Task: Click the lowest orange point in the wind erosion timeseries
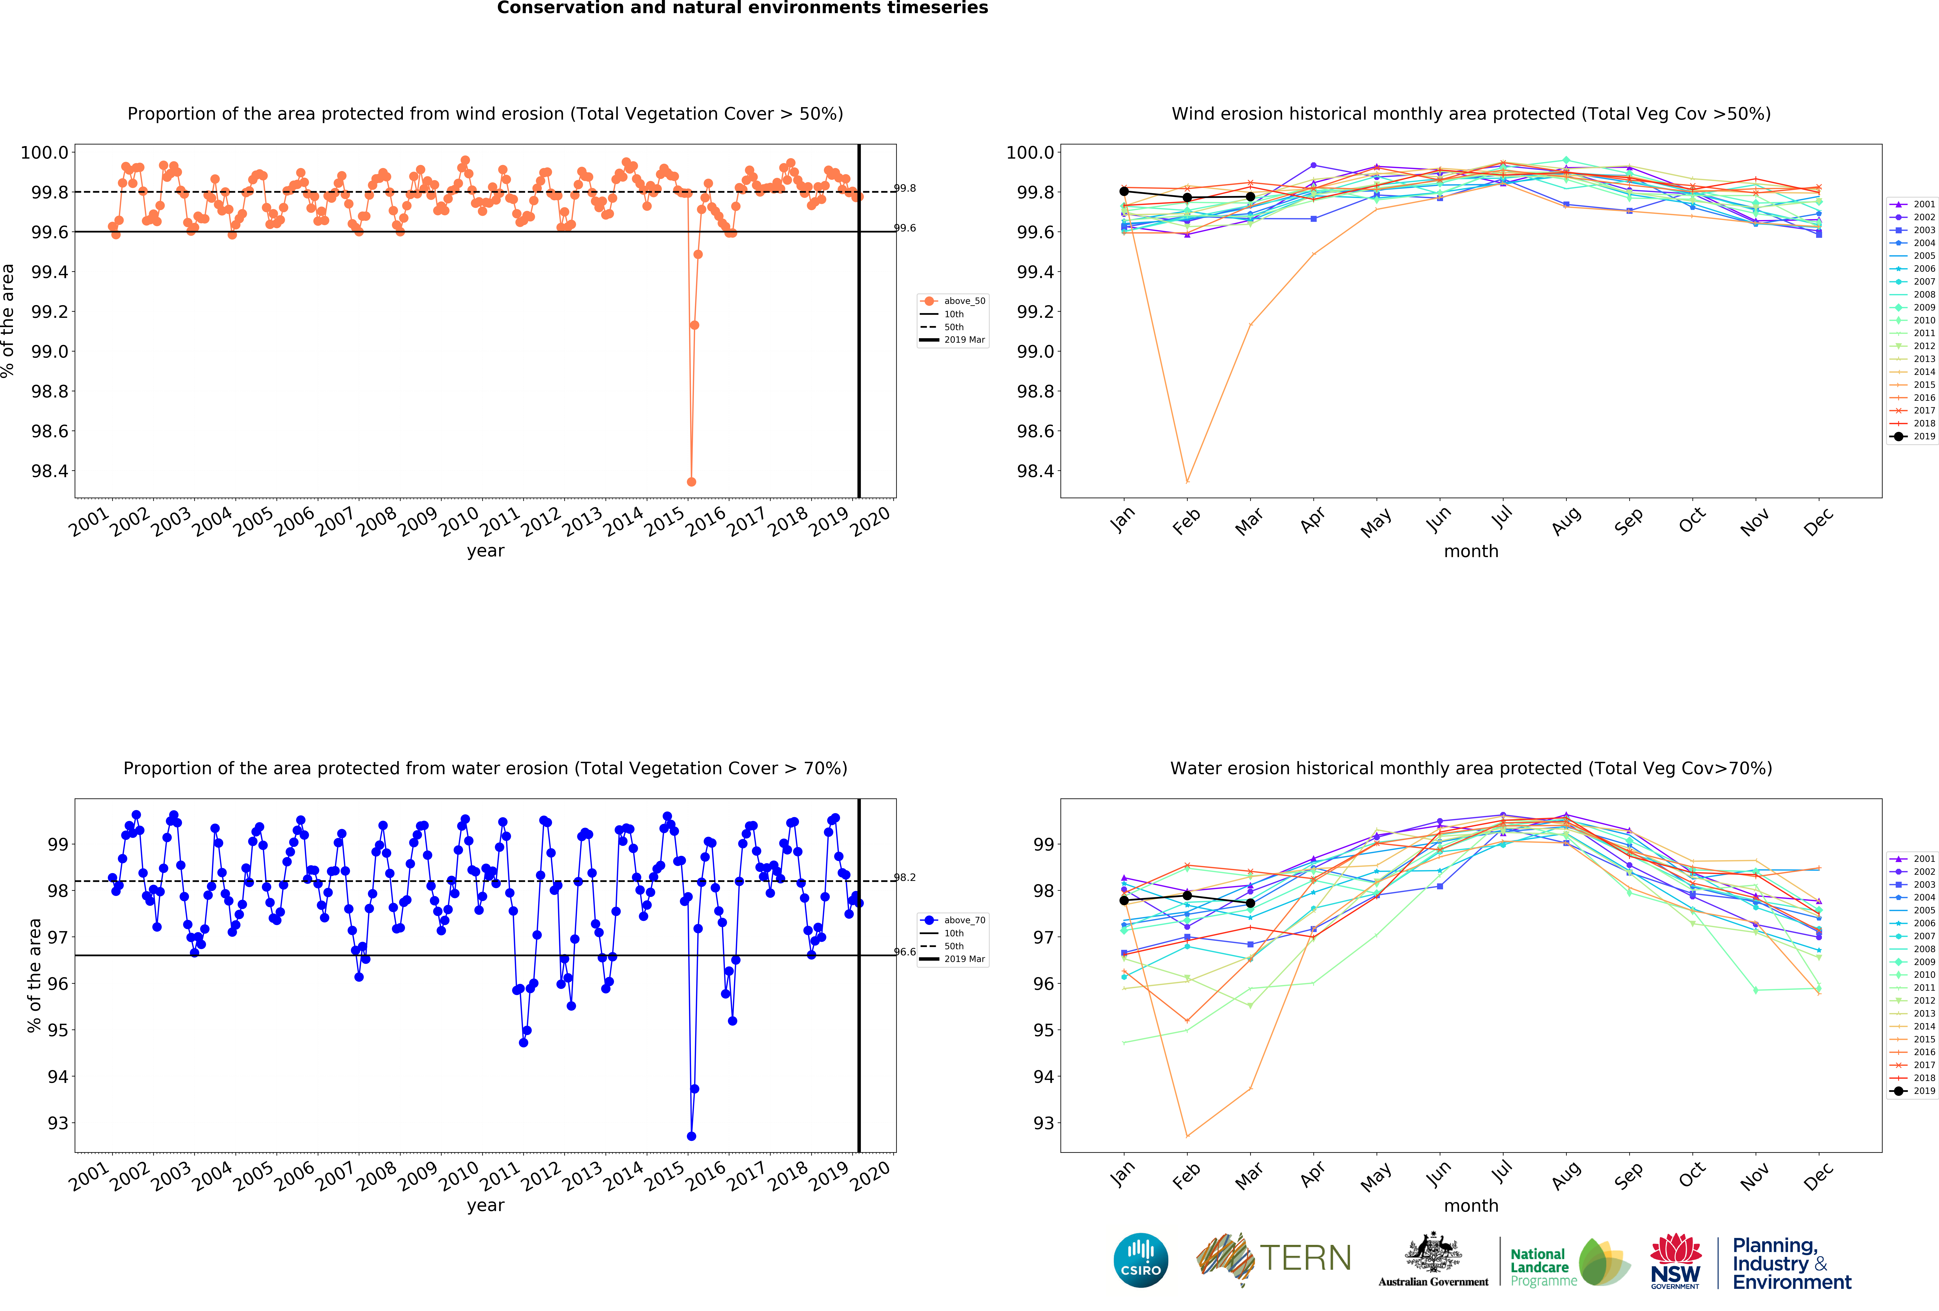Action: [x=691, y=482]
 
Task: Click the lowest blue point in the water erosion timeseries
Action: [x=691, y=1136]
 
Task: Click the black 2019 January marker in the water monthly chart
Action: [x=1124, y=900]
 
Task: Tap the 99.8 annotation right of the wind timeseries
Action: [x=905, y=189]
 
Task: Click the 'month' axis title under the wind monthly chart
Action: [x=1471, y=552]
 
